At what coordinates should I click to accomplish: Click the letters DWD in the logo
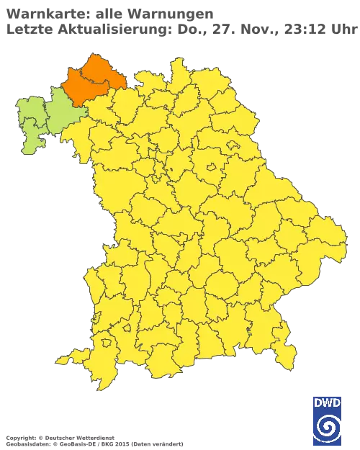pyautogui.click(x=327, y=402)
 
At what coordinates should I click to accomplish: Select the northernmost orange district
pyautogui.click(x=102, y=69)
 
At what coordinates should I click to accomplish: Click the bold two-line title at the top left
pyautogui.click(x=108, y=20)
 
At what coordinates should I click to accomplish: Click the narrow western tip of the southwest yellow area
pyautogui.click(x=60, y=359)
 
